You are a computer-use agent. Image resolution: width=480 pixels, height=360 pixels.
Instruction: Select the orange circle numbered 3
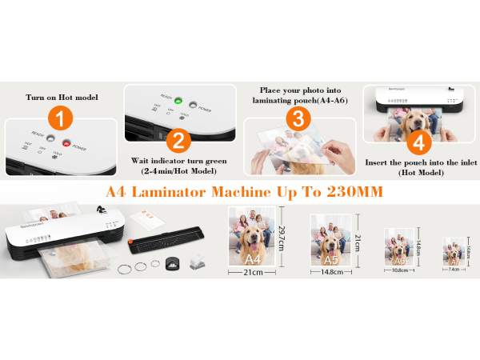pyautogui.click(x=298, y=119)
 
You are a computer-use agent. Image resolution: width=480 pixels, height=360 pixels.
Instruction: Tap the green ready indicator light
pyautogui.click(x=178, y=102)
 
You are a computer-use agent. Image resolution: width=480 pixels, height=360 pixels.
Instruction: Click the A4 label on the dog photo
pyautogui.click(x=253, y=259)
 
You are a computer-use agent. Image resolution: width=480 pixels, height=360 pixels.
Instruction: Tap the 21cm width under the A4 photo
pyautogui.click(x=253, y=273)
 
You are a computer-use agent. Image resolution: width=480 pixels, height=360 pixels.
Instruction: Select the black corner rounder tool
pyautogui.click(x=174, y=262)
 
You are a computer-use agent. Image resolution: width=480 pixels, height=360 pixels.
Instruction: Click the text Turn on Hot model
pyautogui.click(x=62, y=98)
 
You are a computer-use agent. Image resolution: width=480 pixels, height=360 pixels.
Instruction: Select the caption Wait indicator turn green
pyautogui.click(x=178, y=160)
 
